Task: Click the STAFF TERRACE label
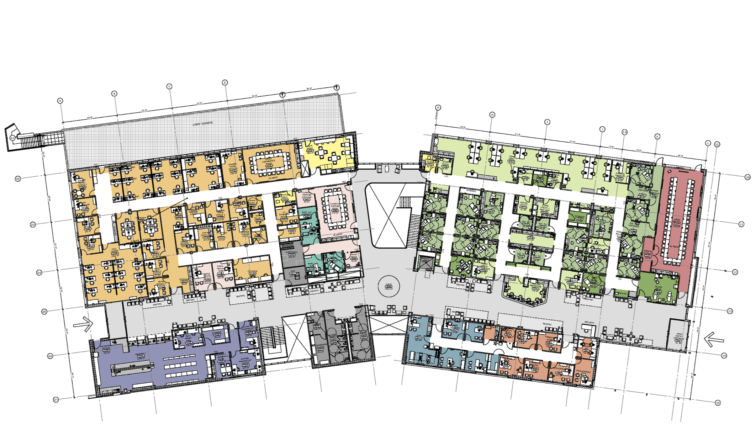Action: pos(203,124)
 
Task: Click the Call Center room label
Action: pos(115,251)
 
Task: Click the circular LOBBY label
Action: pos(388,286)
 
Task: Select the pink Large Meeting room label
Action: pos(676,223)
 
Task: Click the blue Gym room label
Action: pos(419,336)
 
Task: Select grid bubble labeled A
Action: pos(60,101)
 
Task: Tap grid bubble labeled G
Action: pos(438,107)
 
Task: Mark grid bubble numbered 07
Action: pos(56,400)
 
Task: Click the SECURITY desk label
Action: pos(589,323)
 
